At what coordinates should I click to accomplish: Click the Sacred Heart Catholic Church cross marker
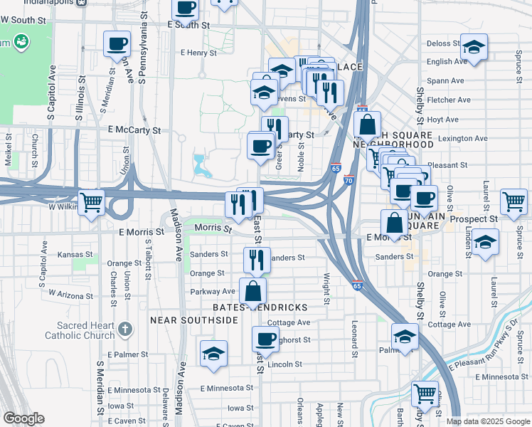126,329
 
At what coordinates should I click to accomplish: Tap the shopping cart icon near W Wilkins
92,203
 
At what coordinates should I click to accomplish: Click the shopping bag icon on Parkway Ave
253,291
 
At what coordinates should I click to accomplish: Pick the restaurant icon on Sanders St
257,260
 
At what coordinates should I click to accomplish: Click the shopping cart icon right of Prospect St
514,201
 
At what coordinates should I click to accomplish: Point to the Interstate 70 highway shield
349,181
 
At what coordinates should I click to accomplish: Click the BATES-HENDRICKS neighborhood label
260,307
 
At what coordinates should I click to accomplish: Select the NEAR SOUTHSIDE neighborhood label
193,321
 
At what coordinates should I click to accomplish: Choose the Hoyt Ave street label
443,120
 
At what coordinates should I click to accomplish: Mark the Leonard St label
353,337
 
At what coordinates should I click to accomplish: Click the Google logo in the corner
23,419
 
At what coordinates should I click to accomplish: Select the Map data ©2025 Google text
488,421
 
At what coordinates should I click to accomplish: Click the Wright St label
326,289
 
